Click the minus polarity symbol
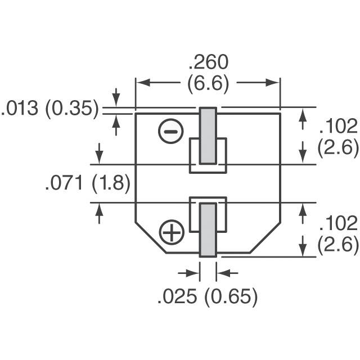(171, 133)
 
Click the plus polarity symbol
(172, 232)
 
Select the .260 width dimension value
(208, 62)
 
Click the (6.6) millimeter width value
(208, 84)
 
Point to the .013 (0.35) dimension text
(51, 108)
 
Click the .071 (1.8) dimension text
(87, 183)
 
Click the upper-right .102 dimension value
(338, 125)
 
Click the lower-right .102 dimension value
(338, 223)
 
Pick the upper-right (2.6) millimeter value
(338, 147)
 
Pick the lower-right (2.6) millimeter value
(338, 246)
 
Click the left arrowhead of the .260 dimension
(141, 83)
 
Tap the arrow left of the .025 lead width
(195, 273)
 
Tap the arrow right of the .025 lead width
(222, 273)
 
